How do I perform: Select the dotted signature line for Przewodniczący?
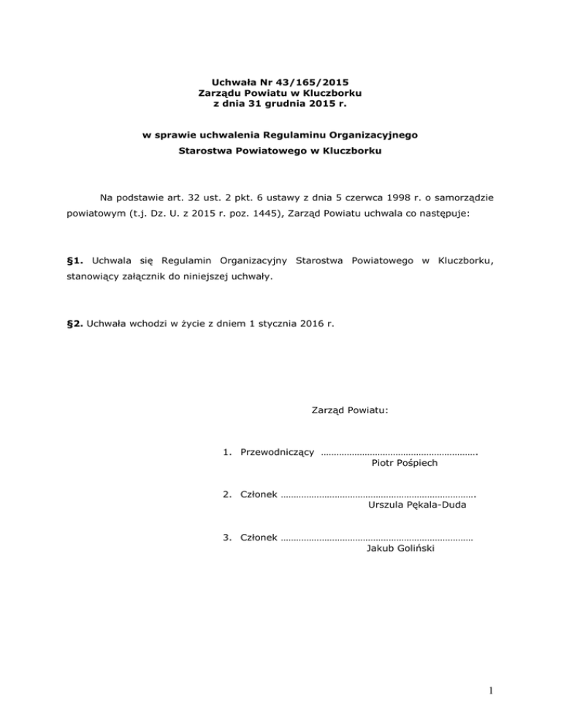tap(399, 452)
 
